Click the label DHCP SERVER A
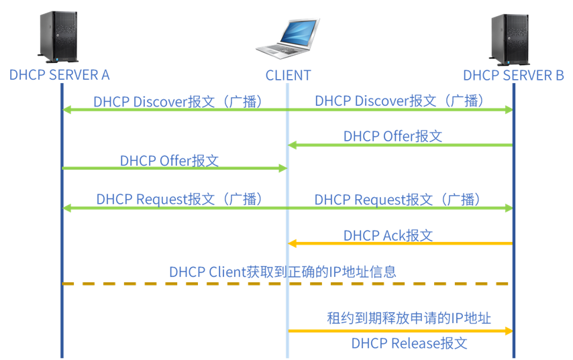click(59, 74)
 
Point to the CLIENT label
click(289, 75)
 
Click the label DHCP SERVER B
click(513, 75)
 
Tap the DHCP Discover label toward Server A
click(177, 101)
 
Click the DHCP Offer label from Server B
click(393, 136)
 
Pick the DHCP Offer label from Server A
click(169, 160)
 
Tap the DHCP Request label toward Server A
click(178, 199)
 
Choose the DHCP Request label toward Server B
click(398, 199)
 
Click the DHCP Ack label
click(388, 235)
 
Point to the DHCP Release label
click(409, 343)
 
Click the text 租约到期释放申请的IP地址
click(409, 318)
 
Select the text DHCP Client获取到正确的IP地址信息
click(282, 272)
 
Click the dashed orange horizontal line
click(201, 284)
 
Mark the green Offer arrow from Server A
click(174, 168)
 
